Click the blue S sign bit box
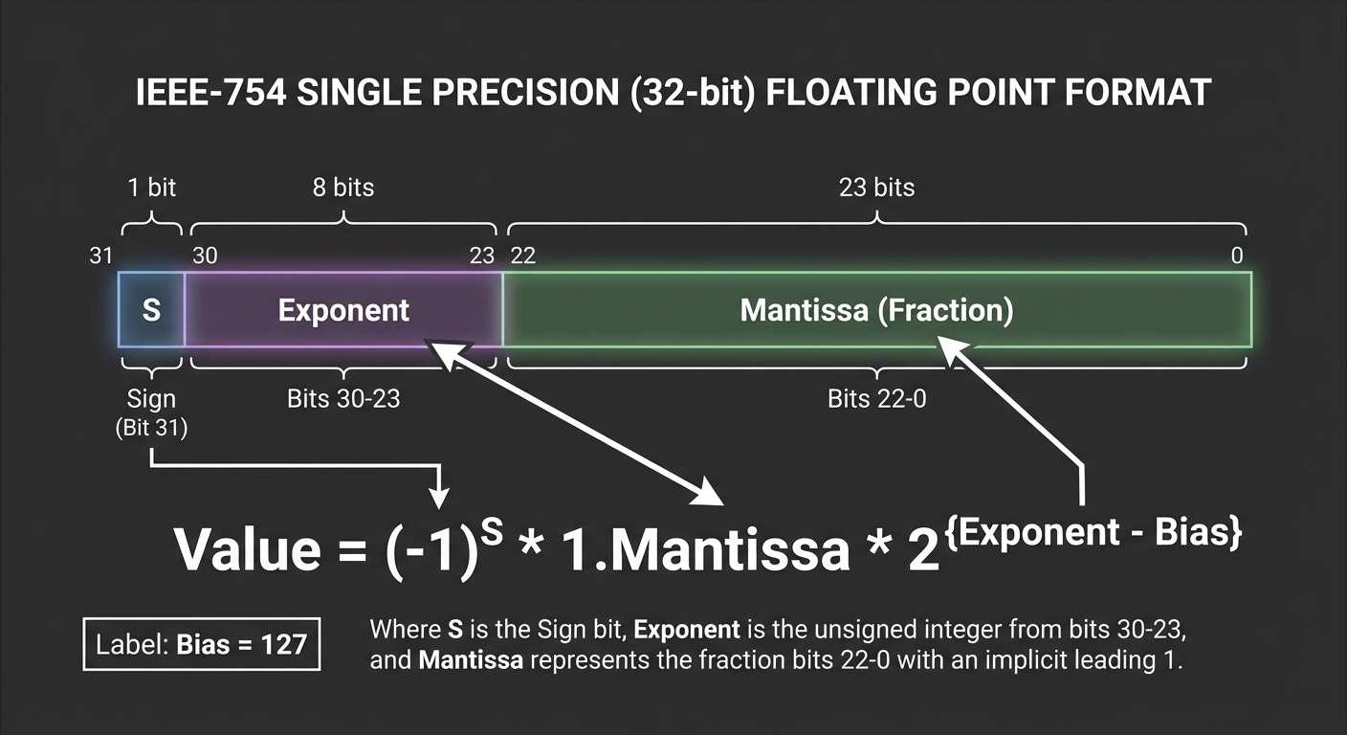click(x=151, y=310)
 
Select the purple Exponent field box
click(x=343, y=310)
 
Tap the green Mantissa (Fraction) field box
click(x=876, y=310)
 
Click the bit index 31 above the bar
click(x=99, y=256)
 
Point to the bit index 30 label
click(x=205, y=256)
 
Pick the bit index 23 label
click(x=482, y=256)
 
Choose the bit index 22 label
click(x=523, y=256)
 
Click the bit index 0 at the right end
click(x=1237, y=256)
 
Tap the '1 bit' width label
click(x=151, y=187)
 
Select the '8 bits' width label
click(x=343, y=187)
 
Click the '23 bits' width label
click(x=876, y=187)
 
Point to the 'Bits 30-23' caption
click(x=343, y=399)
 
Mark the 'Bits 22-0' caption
click(x=876, y=399)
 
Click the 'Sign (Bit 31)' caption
click(x=151, y=412)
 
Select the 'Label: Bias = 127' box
click(x=202, y=644)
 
